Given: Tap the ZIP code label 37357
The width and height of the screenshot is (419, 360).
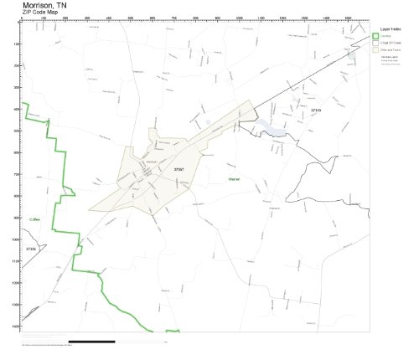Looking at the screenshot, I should coord(179,169).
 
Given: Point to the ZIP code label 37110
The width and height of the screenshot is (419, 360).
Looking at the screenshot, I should coord(316,110).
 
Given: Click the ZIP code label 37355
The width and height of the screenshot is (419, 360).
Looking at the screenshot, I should coord(31,249).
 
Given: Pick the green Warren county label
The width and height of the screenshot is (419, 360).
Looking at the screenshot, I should coord(235,179).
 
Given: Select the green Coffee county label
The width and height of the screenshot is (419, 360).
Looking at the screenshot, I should coord(35,219).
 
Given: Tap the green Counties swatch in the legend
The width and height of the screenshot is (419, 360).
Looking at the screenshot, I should coord(375,36).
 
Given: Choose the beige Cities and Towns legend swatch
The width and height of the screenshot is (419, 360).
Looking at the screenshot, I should coord(375,50).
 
